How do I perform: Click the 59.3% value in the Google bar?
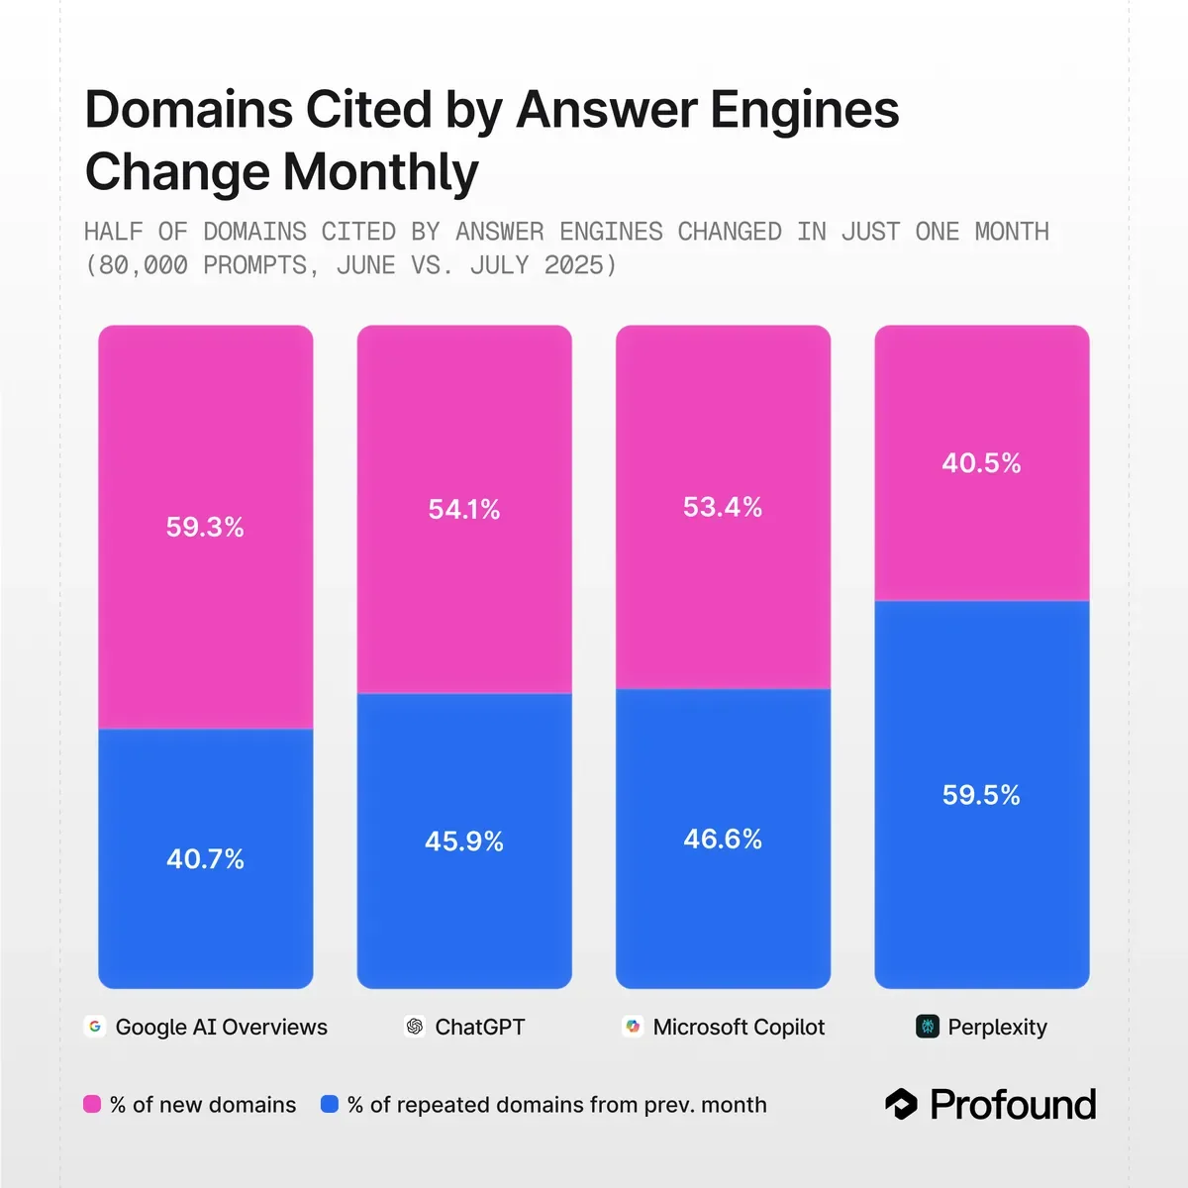click(205, 527)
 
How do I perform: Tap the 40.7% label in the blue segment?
click(205, 858)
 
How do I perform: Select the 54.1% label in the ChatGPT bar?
click(463, 509)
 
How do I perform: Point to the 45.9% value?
click(463, 841)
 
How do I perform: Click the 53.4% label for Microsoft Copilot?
click(723, 507)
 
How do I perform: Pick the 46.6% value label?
click(723, 840)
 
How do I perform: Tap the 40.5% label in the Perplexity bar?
click(981, 462)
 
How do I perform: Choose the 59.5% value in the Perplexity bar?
click(981, 795)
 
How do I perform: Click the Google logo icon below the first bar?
click(95, 1027)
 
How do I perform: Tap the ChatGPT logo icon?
click(415, 1027)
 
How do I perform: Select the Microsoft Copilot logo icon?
click(633, 1027)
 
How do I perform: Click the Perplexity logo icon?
click(927, 1027)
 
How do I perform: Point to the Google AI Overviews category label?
click(221, 1027)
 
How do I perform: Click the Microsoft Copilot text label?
click(739, 1027)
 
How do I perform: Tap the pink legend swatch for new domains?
click(92, 1105)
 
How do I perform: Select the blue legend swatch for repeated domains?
click(330, 1105)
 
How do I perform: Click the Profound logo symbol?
click(901, 1104)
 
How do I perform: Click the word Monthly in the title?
click(380, 172)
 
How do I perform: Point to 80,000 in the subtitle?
click(144, 265)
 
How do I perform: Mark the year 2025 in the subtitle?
click(574, 265)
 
